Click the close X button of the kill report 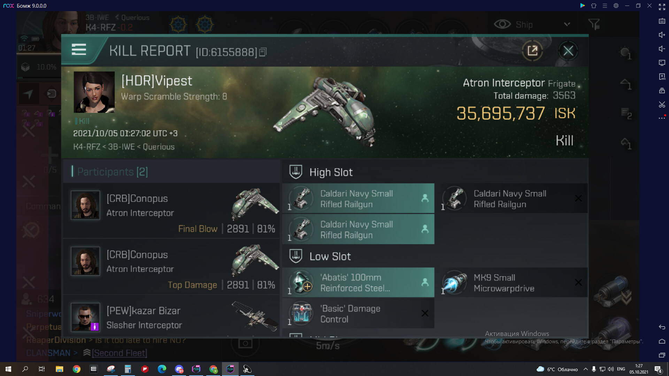click(x=568, y=51)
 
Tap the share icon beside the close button click(x=532, y=51)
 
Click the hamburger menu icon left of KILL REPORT click(x=79, y=49)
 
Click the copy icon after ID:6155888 click(x=263, y=52)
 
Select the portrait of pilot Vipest click(x=94, y=92)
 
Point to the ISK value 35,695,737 click(x=500, y=113)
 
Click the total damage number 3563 click(x=564, y=95)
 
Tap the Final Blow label click(x=198, y=229)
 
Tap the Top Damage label click(x=192, y=285)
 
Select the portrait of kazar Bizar click(x=85, y=317)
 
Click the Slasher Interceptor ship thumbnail click(x=255, y=316)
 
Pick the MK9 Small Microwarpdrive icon click(x=455, y=282)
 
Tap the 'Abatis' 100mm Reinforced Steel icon click(x=301, y=282)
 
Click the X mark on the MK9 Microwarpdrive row click(x=578, y=282)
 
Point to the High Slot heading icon click(x=296, y=172)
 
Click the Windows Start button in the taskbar click(x=8, y=369)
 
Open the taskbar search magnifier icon click(x=25, y=369)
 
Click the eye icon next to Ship click(x=502, y=24)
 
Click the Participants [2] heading click(x=112, y=172)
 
